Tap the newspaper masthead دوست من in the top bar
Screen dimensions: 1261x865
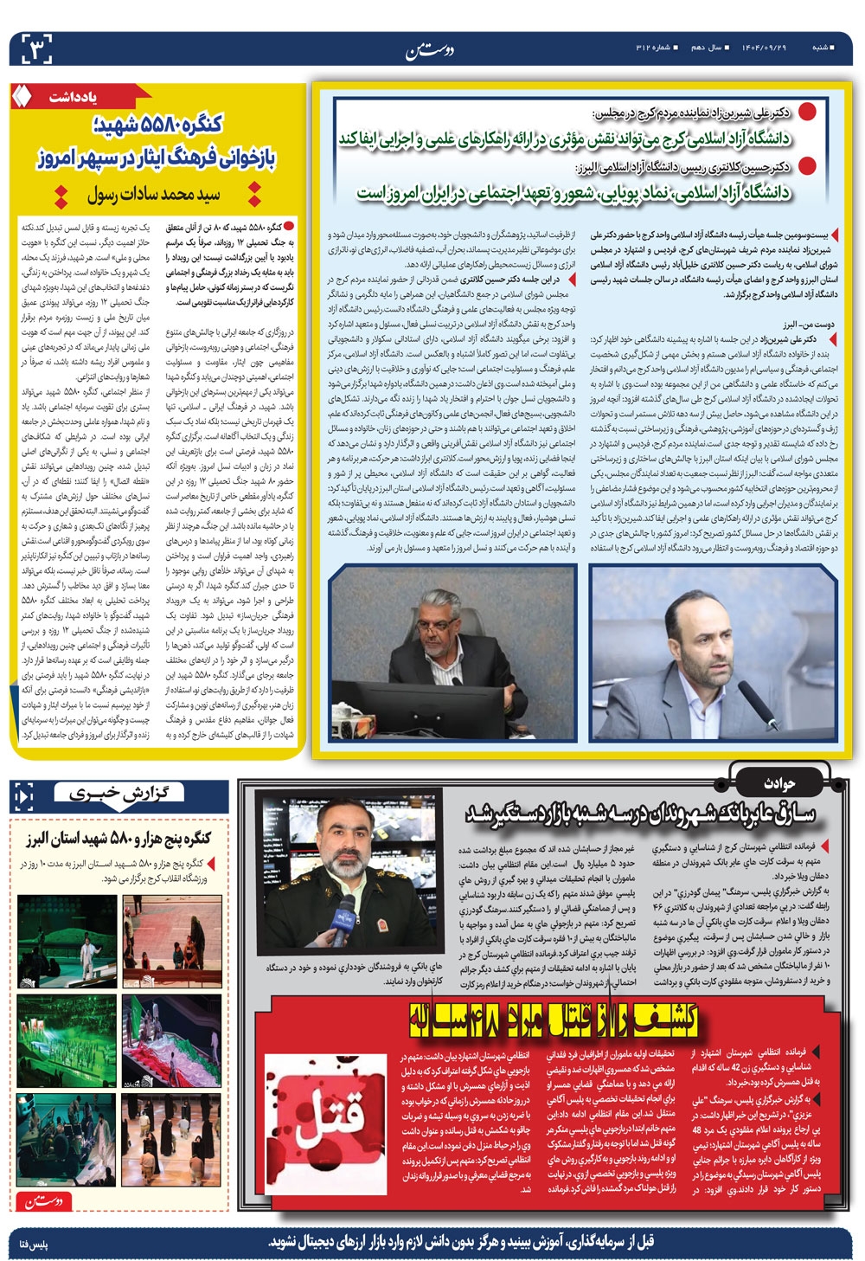429,49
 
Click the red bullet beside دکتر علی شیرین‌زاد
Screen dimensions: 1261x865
806,112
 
